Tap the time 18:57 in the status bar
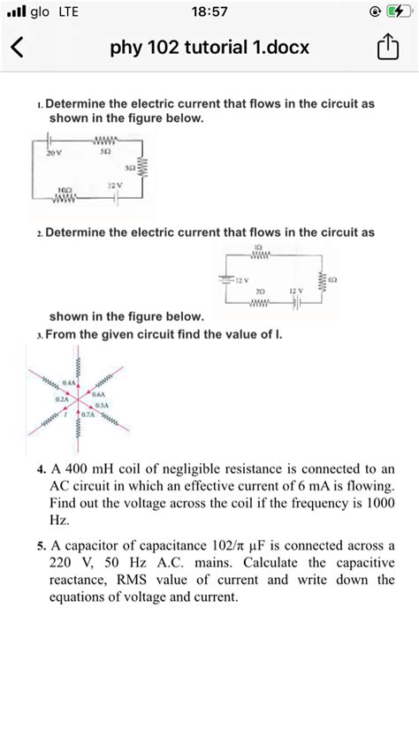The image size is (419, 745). tap(209, 12)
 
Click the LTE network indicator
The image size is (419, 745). tap(67, 12)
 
